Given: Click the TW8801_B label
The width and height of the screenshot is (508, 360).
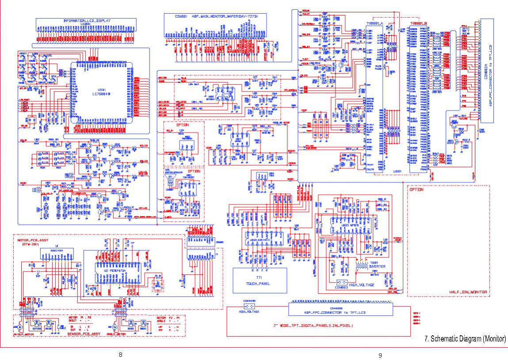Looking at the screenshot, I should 418,23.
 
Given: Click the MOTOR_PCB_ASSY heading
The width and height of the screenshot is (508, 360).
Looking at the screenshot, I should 33,241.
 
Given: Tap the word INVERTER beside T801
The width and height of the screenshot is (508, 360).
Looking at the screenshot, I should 365,266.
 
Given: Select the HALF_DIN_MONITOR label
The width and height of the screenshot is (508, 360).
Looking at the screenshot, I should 469,292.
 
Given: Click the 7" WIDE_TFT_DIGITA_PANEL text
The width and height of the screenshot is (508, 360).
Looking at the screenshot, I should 313,326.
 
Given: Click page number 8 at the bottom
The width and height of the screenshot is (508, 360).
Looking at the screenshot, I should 120,354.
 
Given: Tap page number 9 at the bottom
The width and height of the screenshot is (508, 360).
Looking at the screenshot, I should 380,354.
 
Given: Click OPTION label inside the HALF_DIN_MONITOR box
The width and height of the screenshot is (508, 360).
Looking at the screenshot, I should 416,189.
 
